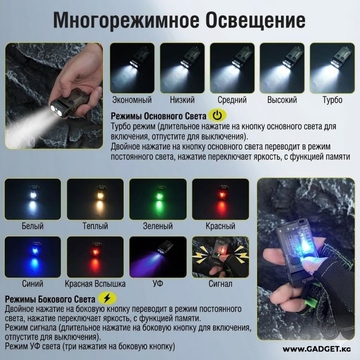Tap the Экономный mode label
(132, 100)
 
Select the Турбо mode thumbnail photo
(332, 68)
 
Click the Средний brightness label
(232, 100)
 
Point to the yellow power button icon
(217, 116)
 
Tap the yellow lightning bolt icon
(107, 298)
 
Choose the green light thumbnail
(158, 199)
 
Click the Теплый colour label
(95, 226)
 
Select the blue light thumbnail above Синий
(33, 257)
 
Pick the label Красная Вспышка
(95, 284)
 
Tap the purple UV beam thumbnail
(158, 257)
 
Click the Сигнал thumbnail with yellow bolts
(220, 257)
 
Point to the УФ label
(158, 284)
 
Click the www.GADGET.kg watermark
(317, 349)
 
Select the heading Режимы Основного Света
(158, 116)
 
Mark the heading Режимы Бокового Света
(50, 299)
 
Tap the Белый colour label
(32, 226)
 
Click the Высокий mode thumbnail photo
(282, 68)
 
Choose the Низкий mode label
(182, 100)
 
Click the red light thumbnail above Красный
(220, 199)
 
